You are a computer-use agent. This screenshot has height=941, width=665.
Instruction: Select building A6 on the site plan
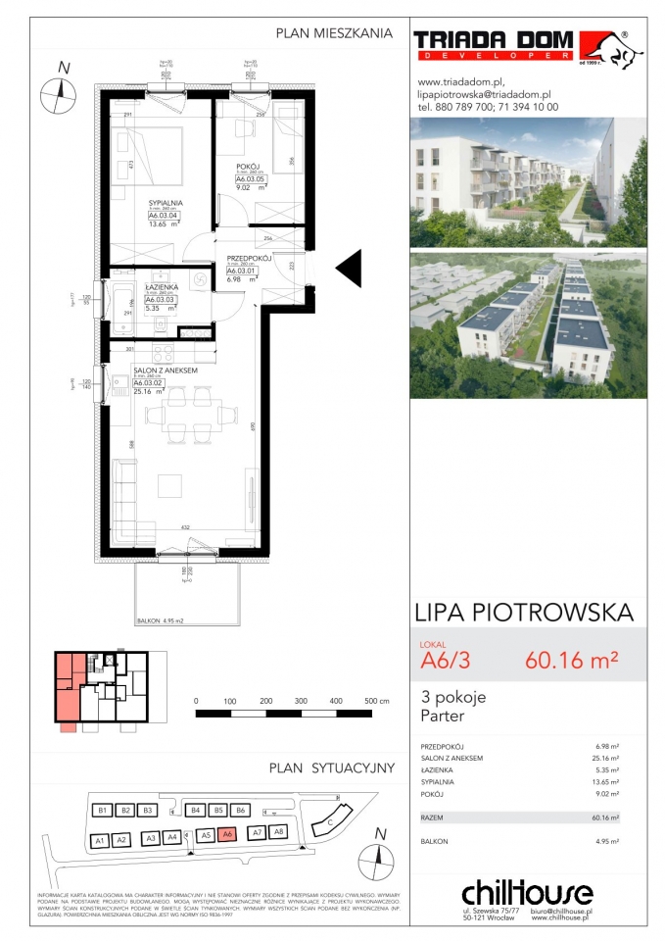pos(227,834)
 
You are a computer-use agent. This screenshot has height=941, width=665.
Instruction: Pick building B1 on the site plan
pos(101,811)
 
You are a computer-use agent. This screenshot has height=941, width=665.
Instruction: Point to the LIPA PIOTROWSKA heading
pos(525,614)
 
